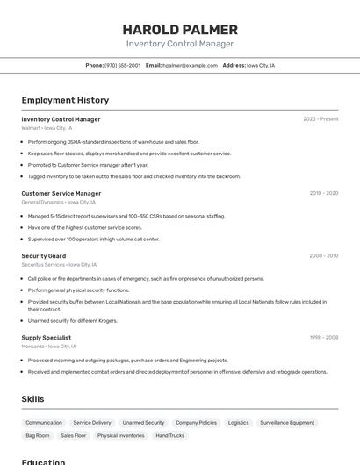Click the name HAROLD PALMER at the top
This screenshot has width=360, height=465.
pyautogui.click(x=180, y=29)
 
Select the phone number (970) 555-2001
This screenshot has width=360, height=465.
pyautogui.click(x=122, y=65)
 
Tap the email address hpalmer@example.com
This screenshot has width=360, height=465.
pyautogui.click(x=190, y=65)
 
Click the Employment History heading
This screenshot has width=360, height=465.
pyautogui.click(x=65, y=100)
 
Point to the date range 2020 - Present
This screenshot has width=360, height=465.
pyautogui.click(x=320, y=119)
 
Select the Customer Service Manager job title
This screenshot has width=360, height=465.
pyautogui.click(x=61, y=193)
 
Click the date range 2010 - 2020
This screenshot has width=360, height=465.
pyautogui.click(x=323, y=193)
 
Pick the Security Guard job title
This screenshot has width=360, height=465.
pyautogui.click(x=44, y=256)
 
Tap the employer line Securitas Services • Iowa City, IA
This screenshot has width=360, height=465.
pyautogui.click(x=59, y=264)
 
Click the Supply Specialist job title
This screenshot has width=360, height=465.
pyautogui.click(x=47, y=337)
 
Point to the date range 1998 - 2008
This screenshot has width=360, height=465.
pyautogui.click(x=323, y=337)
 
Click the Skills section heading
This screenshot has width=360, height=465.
pyautogui.click(x=33, y=398)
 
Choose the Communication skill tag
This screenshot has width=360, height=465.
pyautogui.click(x=44, y=423)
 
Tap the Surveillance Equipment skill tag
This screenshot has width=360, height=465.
pyautogui.click(x=287, y=423)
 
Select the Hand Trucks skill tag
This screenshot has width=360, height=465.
pyautogui.click(x=170, y=435)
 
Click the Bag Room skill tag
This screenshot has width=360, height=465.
pyautogui.click(x=38, y=435)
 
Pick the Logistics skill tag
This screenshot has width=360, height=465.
pyautogui.click(x=239, y=423)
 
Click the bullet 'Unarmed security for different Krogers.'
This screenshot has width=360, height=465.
pyautogui.click(x=72, y=320)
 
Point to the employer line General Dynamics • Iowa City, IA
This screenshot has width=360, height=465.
pyautogui.click(x=59, y=202)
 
